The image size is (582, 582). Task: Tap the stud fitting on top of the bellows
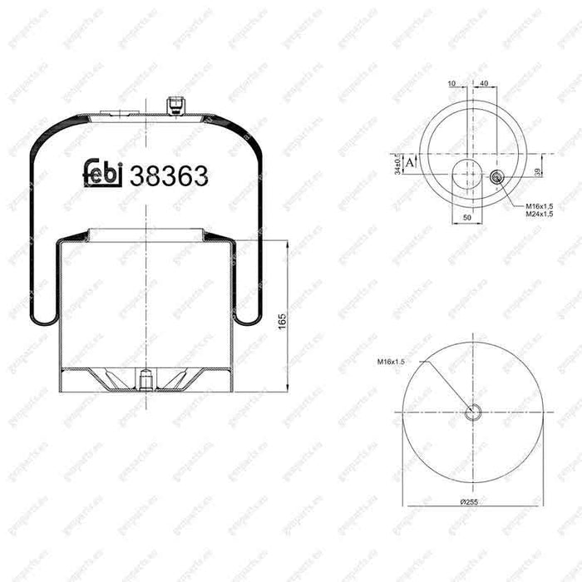(x=174, y=106)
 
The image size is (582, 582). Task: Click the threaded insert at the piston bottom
(x=145, y=378)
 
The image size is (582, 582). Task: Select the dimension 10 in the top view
(x=451, y=83)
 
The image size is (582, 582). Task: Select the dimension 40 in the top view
(x=484, y=83)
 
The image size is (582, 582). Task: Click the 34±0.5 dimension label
(x=399, y=163)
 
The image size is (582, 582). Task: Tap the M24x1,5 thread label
(x=541, y=215)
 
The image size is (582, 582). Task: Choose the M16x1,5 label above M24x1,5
(x=541, y=205)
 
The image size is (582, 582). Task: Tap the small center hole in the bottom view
(x=473, y=412)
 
